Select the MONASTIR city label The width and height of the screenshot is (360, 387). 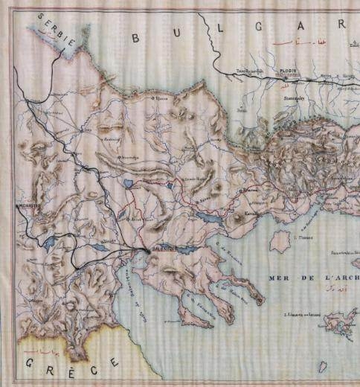tap(30, 202)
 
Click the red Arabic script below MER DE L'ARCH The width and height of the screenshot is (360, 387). tap(325, 288)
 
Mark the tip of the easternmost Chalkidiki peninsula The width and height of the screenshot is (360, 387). tap(261, 302)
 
